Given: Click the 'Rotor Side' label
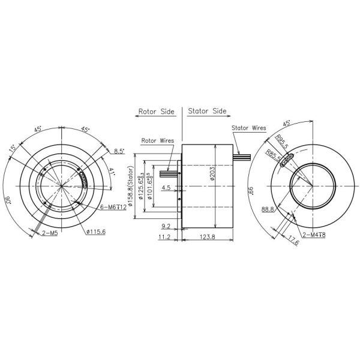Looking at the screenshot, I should (x=156, y=112).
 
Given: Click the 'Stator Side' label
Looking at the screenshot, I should (x=207, y=112).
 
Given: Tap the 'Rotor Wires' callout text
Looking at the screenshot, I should (x=157, y=140).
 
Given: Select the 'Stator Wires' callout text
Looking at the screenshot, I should (x=248, y=128).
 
